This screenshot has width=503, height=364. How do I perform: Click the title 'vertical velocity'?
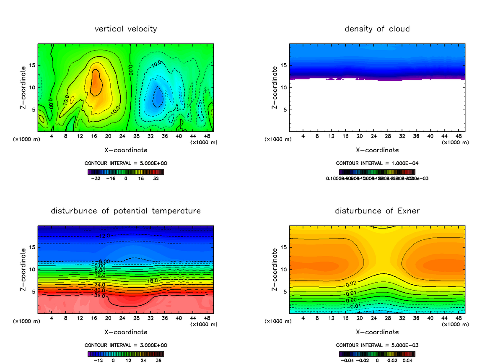coord(126,29)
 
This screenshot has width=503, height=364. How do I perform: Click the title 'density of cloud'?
coord(377,29)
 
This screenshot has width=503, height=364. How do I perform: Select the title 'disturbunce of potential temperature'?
coord(126,211)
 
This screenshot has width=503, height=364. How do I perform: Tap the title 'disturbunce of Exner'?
coord(377,211)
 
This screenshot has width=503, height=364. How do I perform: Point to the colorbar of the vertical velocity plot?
coord(126,172)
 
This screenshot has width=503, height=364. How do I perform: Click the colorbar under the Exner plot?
coord(377,354)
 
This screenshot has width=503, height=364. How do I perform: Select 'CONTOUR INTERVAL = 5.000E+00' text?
coord(126,163)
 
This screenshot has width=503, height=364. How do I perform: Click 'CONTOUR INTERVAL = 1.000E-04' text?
coord(377,163)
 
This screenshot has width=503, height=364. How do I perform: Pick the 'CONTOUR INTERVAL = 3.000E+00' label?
coord(126,345)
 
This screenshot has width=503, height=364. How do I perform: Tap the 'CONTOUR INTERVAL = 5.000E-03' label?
coord(377,345)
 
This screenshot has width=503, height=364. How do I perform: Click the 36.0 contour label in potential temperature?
coord(100,296)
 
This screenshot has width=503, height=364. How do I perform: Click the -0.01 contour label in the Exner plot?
coord(355,306)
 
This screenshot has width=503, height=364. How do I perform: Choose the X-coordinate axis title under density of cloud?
coord(377,150)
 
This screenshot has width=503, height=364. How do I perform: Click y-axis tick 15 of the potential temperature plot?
coord(33,247)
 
